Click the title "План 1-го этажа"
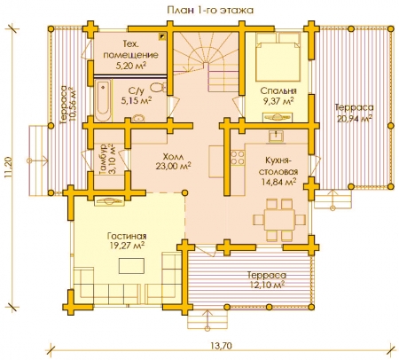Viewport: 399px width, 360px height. [210, 11]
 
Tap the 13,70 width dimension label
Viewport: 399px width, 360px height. [222, 346]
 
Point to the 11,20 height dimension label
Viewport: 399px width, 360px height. [8, 168]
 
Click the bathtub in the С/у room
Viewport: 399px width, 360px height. [103, 100]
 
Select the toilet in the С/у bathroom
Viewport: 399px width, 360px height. [158, 88]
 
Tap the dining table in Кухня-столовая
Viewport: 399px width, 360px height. [279, 220]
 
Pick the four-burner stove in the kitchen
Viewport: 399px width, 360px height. [238, 158]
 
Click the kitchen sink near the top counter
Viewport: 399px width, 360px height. [277, 137]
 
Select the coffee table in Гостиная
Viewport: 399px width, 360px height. [132, 266]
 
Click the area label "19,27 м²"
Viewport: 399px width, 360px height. [127, 246]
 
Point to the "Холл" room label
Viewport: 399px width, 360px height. [173, 156]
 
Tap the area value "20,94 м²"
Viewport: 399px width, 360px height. [355, 118]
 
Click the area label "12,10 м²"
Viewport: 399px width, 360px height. [267, 285]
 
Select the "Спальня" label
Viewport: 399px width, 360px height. [278, 90]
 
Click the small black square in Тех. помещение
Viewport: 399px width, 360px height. [162, 36]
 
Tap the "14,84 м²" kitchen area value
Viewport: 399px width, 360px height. [278, 182]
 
